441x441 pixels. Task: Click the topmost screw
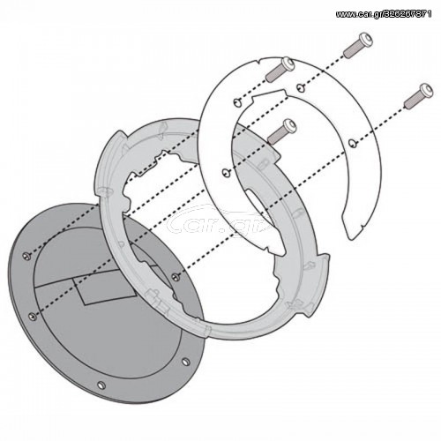point(358,45)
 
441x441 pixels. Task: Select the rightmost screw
point(418,95)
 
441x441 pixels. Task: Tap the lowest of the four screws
point(282,131)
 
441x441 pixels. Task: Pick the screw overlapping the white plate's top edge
point(280,69)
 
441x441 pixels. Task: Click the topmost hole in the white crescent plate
point(299,86)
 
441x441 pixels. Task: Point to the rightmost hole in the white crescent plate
point(352,143)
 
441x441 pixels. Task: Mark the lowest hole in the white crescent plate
point(225,172)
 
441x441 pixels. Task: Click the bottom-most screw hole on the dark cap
point(101,385)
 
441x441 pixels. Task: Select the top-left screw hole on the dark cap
point(26,256)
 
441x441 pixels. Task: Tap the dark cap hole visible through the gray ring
point(176,276)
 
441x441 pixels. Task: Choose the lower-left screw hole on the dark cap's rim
point(33,316)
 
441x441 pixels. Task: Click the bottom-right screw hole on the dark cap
point(185,362)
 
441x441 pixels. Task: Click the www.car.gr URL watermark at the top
point(384,14)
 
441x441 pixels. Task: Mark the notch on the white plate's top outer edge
point(258,61)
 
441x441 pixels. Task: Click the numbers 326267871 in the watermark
point(407,14)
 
